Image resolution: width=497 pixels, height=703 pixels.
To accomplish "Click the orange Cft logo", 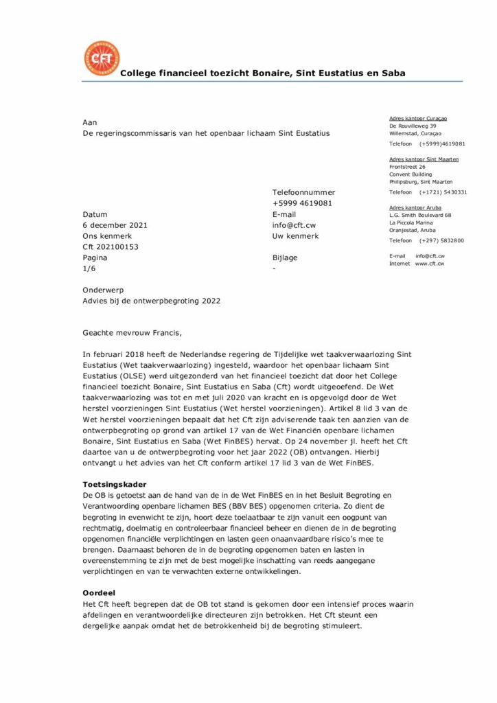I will [x=101, y=59].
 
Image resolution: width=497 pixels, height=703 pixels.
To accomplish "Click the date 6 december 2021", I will [x=115, y=225].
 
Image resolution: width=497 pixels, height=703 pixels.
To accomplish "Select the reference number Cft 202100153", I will [x=111, y=247].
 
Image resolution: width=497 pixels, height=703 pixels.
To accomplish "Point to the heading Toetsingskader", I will [x=114, y=485].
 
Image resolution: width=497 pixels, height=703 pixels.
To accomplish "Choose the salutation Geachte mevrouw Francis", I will [x=133, y=334].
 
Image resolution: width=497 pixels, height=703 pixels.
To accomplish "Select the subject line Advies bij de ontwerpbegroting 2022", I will [x=152, y=301].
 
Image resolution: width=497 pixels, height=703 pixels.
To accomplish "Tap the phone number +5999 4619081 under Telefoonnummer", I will [x=303, y=203].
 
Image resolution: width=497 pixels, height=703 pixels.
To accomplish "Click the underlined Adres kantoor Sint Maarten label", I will [x=424, y=159].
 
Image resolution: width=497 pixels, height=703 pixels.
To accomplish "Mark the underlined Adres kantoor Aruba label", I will [x=415, y=207].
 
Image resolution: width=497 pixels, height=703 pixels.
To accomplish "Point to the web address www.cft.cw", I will [x=430, y=264].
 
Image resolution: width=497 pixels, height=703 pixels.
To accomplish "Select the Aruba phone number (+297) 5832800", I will [x=442, y=241].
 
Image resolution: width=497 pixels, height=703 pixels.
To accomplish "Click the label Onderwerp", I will [x=100, y=290].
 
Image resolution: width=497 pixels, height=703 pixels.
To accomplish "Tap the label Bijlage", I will [x=285, y=258].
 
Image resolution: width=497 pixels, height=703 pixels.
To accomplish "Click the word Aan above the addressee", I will [x=89, y=122].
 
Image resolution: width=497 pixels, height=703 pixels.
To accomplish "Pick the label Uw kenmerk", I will [x=296, y=236].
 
